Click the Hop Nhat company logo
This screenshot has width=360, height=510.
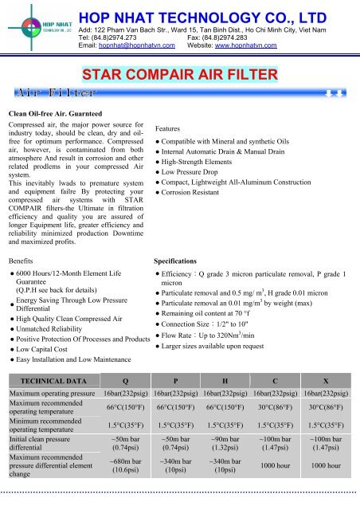(x=36, y=25)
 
